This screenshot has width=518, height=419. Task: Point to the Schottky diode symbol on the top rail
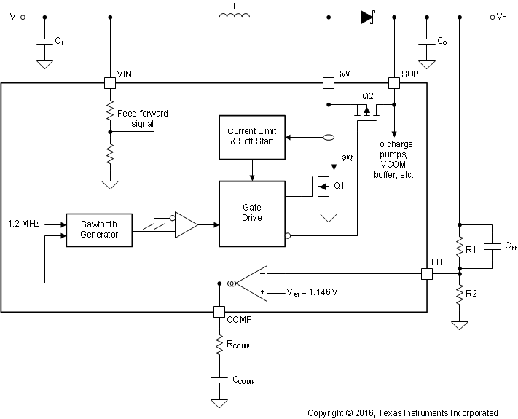366,17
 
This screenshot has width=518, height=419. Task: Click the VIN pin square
109,83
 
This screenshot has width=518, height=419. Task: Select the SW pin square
329,83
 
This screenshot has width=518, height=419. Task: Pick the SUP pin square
394,83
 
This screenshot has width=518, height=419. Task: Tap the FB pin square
427,274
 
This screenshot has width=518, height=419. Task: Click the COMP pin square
219,311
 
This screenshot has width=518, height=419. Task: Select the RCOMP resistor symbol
219,344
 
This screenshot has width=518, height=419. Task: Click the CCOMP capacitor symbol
219,380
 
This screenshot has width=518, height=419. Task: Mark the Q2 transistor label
368,97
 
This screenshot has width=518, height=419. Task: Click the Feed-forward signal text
141,119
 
